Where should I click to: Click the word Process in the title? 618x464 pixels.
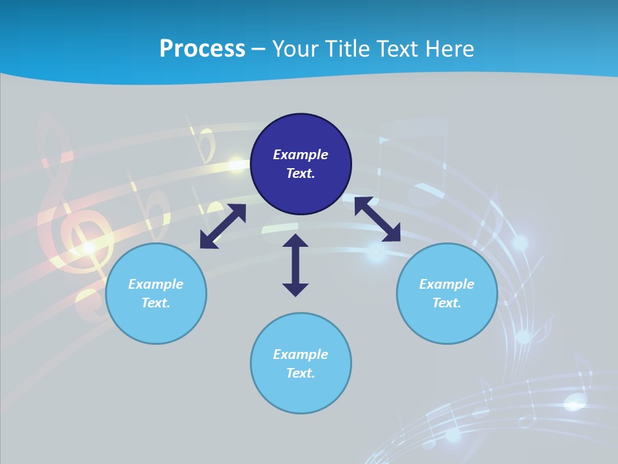202,49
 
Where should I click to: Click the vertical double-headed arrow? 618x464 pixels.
295,266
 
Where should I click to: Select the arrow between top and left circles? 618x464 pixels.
223,226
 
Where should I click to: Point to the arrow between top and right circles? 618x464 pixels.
378,219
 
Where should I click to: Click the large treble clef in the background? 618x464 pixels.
71,219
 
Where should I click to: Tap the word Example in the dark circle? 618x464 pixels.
301,155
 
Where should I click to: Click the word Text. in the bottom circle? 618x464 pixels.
301,373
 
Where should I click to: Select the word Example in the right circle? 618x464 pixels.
447,284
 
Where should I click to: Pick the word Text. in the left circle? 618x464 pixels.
156,303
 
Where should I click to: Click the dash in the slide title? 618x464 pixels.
259,50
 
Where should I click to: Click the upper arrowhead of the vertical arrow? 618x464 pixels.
295,241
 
